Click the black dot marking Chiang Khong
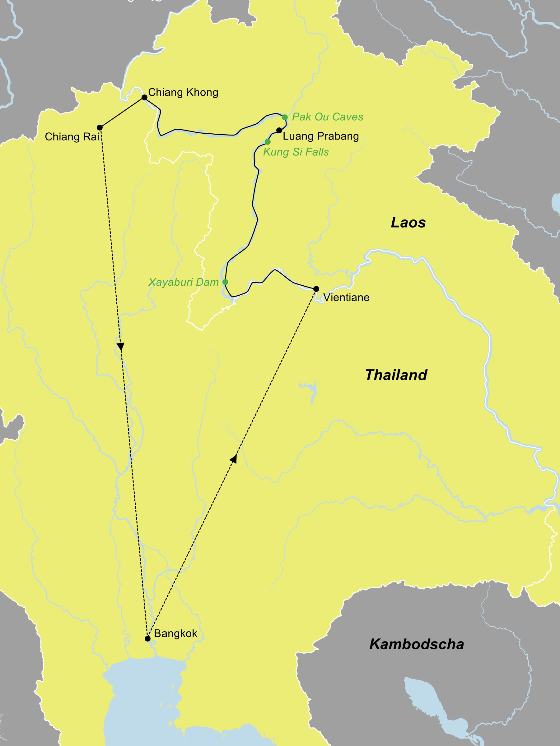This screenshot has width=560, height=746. tap(144, 98)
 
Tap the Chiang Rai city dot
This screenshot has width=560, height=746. tap(100, 127)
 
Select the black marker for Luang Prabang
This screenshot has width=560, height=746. tap(279, 130)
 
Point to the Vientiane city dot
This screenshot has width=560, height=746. tap(316, 289)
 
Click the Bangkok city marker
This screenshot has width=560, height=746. tap(147, 638)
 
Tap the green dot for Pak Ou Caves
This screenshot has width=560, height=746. tap(285, 117)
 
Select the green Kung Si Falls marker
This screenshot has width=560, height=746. tap(268, 142)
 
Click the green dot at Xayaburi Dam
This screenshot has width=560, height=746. tap(226, 282)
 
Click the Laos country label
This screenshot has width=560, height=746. tap(408, 223)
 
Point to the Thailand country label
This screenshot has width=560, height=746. tap(396, 375)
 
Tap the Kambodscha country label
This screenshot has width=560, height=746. tap(417, 644)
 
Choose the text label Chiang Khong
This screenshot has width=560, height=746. tap(183, 92)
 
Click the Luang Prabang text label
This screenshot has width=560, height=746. tap(321, 136)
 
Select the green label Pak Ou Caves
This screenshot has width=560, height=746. tap(327, 117)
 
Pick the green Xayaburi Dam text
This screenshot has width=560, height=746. tap(184, 282)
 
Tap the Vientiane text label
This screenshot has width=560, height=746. tap(346, 297)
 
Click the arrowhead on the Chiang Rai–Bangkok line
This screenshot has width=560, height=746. tap(120, 347)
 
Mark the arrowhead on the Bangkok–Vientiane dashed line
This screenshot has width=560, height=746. tap(234, 459)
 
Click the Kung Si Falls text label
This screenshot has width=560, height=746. tap(296, 152)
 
